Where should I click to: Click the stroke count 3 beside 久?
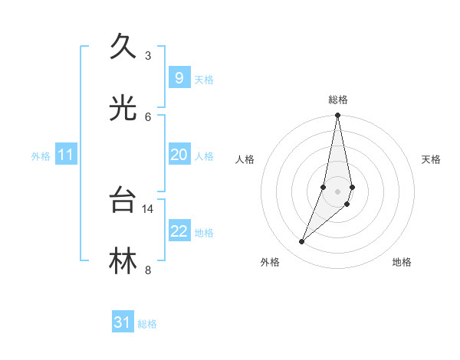(x=148, y=56)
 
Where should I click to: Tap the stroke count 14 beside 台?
(x=148, y=208)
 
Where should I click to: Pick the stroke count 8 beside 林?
(x=148, y=270)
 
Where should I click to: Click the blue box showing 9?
(x=179, y=78)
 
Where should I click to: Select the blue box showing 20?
(x=179, y=155)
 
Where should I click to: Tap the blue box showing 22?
(x=179, y=231)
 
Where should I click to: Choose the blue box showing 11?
(x=66, y=155)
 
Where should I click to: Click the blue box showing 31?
(x=123, y=322)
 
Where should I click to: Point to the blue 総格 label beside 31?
(x=147, y=324)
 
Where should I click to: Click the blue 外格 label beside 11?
(x=41, y=156)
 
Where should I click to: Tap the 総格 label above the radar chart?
(x=338, y=100)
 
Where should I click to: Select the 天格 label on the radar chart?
(x=431, y=159)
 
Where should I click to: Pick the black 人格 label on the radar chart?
(x=245, y=159)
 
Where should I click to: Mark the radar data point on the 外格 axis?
(x=301, y=242)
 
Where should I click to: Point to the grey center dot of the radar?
(x=338, y=191)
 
